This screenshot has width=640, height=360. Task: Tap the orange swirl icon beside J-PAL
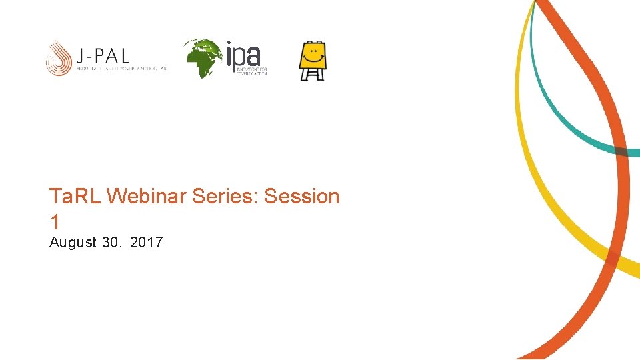[x=59, y=59]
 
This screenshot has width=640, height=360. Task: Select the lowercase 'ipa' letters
[x=243, y=55]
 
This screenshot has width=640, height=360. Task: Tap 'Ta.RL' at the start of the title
[x=75, y=197]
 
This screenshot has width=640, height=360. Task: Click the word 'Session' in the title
[x=302, y=197]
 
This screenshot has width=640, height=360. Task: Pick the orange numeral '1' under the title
[x=54, y=222]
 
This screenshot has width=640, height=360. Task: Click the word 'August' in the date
[x=73, y=243]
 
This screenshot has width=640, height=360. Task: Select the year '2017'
[x=146, y=243]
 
